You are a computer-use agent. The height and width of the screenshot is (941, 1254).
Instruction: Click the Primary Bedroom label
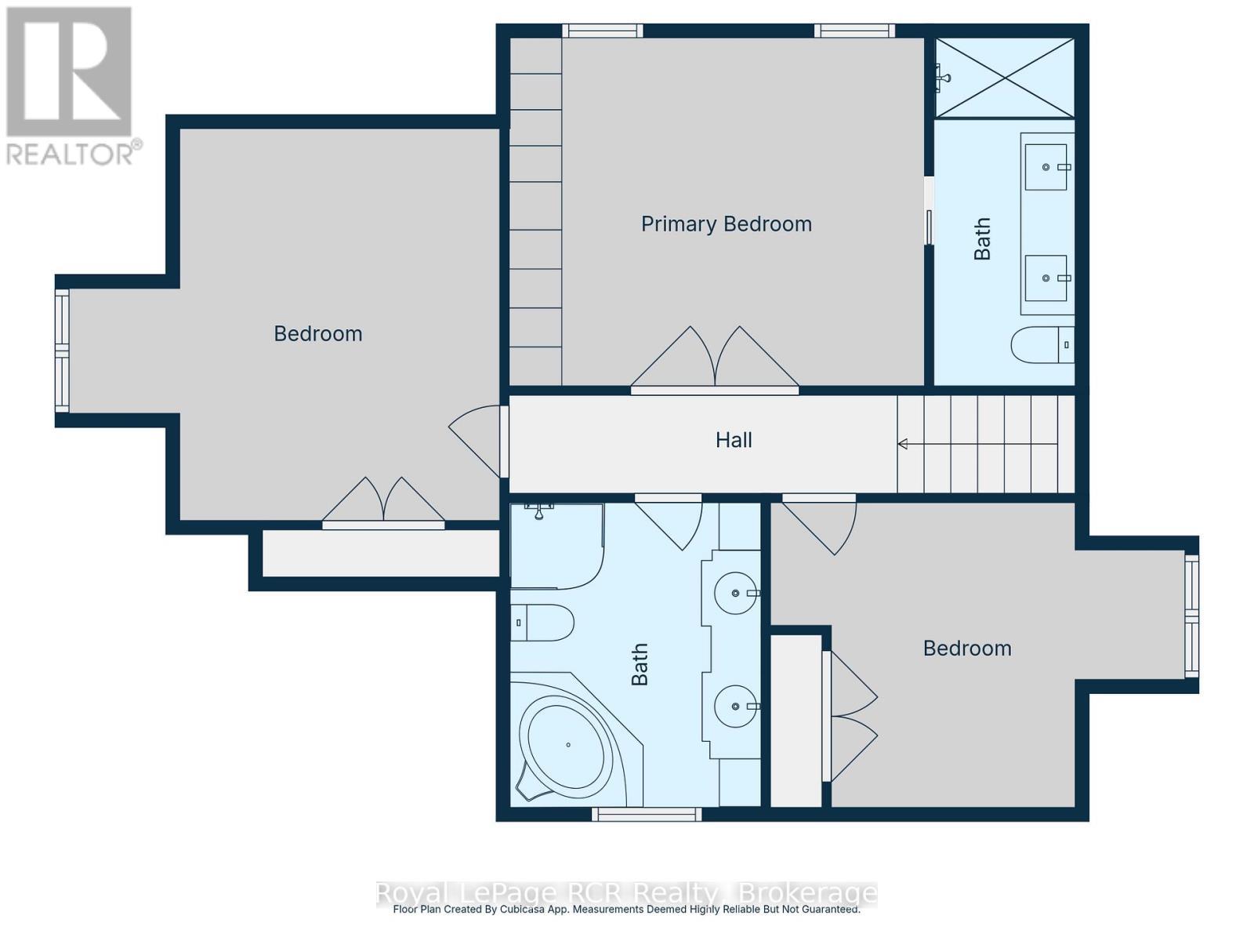[726, 224]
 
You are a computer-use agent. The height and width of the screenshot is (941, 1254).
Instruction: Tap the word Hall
[734, 440]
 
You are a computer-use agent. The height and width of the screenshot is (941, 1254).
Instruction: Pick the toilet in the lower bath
[542, 623]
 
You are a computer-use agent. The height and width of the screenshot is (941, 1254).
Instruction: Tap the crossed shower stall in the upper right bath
[1005, 78]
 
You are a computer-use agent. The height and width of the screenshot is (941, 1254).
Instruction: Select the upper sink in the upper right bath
[1046, 167]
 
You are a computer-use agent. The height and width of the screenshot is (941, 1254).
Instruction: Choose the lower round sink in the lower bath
[735, 706]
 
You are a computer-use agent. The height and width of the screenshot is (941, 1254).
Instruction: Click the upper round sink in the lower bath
[735, 593]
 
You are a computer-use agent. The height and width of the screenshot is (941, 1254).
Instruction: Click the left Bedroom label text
[317, 334]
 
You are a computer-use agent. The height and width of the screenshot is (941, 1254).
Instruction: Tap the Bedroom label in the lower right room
[966, 649]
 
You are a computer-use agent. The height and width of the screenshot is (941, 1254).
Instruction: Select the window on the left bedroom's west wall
[62, 351]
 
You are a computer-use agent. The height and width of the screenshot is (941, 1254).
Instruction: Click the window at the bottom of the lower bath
[647, 815]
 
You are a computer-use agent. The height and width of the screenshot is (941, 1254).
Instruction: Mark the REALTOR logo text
[74, 152]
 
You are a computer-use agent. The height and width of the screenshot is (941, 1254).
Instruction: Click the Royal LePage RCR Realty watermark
[627, 893]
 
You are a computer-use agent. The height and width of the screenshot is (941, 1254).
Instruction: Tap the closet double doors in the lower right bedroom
[850, 715]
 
